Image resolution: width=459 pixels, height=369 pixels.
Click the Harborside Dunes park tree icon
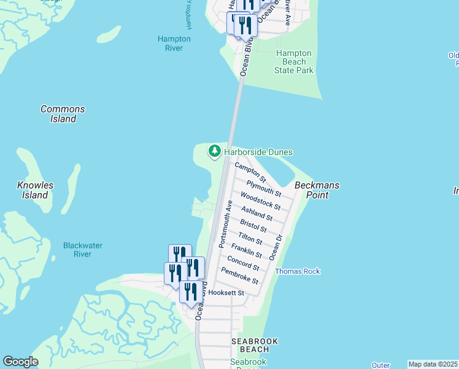[x=214, y=151]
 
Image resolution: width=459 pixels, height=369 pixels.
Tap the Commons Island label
[x=63, y=114]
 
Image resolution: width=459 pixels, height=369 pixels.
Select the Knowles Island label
[x=35, y=190]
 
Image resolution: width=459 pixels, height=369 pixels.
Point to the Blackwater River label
[x=83, y=250]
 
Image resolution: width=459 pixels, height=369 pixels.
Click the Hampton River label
[x=174, y=43]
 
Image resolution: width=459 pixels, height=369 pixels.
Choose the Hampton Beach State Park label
[x=295, y=61]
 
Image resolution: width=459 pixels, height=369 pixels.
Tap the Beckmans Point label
[x=317, y=190]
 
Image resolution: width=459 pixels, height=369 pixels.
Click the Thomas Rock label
[x=298, y=271]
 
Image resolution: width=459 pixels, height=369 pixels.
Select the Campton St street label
[x=249, y=172]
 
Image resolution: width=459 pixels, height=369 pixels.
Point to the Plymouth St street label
[x=263, y=188]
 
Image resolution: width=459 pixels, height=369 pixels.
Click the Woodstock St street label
[x=260, y=200]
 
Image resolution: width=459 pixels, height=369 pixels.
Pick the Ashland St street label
[x=256, y=213]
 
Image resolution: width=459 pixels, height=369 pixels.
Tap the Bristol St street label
[x=253, y=226]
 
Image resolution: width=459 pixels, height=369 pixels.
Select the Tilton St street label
[x=250, y=237]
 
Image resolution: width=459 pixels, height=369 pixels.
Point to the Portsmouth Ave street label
[x=224, y=224]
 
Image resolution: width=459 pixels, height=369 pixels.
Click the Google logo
[x=20, y=362]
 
